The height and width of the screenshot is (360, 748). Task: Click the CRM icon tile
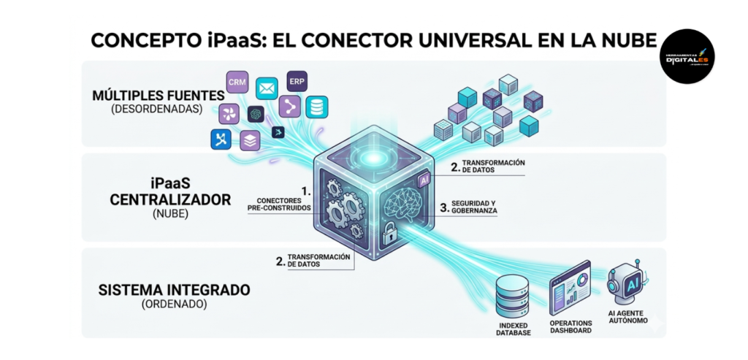pos(237,82)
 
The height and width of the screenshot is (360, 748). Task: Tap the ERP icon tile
pos(297,80)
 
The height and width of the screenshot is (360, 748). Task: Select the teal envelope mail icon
pos(267,89)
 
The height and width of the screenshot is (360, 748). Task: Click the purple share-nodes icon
pos(289,107)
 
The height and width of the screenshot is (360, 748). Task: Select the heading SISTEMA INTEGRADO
pos(174,290)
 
